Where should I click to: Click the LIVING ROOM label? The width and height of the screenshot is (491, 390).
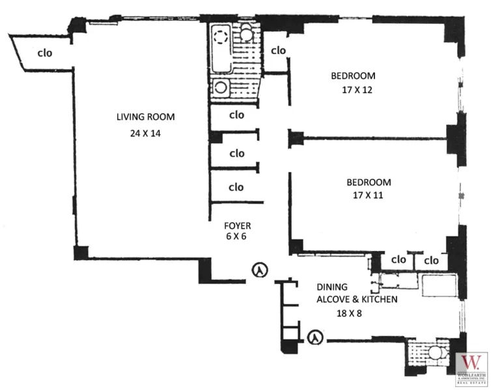point(146,117)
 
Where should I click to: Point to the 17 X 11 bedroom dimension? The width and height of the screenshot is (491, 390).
point(369,194)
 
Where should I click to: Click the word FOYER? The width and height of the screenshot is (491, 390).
point(237,226)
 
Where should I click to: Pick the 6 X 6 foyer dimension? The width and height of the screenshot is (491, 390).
point(237,237)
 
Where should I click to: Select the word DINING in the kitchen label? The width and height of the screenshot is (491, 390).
point(332,287)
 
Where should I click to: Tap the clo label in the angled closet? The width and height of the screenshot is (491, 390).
point(44,53)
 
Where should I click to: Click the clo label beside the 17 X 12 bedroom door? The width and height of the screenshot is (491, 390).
point(278,50)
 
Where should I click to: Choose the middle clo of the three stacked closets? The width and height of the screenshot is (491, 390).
point(236,153)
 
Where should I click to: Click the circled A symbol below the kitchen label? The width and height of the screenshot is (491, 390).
point(315,337)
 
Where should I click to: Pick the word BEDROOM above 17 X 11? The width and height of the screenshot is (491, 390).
point(369,182)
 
